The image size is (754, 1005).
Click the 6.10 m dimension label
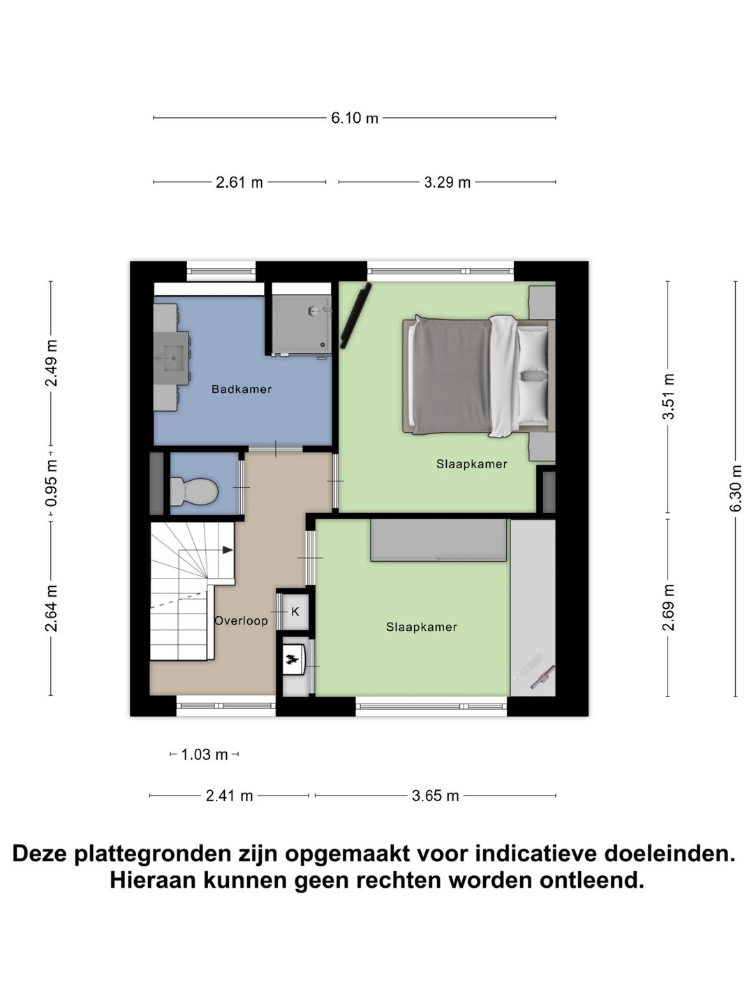click(355, 118)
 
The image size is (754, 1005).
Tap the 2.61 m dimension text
click(239, 183)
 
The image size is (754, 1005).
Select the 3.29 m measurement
click(448, 183)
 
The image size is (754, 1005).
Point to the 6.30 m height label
click(736, 488)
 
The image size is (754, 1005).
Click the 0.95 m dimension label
click(51, 482)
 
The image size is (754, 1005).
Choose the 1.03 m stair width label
click(205, 754)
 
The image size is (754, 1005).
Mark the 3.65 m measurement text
click(436, 796)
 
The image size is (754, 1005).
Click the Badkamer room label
click(242, 389)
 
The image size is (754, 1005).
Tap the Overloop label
click(241, 620)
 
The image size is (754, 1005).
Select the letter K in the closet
click(295, 611)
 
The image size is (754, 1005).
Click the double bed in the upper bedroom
click(478, 376)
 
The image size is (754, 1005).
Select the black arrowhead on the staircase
click(228, 550)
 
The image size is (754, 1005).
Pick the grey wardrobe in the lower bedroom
click(438, 540)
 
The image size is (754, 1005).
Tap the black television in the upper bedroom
click(355, 316)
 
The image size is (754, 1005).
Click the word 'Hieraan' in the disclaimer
click(152, 880)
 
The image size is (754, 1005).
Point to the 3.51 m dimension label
click(669, 396)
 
